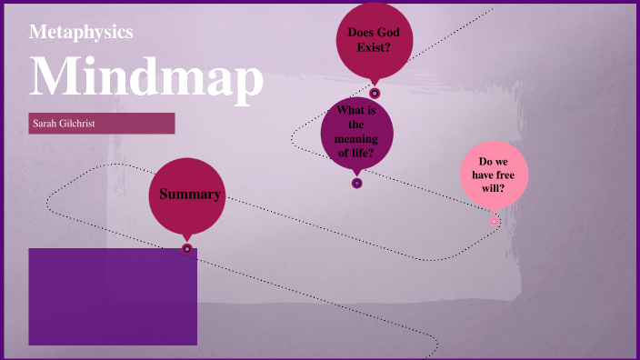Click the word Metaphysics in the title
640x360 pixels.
click(81, 32)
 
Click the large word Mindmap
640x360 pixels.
click(146, 76)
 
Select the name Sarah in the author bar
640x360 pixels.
click(45, 123)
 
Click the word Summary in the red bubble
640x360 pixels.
click(189, 195)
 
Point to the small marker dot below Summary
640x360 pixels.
click(187, 248)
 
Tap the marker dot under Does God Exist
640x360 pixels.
click(375, 93)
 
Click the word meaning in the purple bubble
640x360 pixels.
click(356, 138)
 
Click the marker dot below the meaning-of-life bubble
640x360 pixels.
click(357, 183)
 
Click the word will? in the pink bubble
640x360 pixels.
click(494, 189)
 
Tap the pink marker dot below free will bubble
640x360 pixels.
click(495, 221)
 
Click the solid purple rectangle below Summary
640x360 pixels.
click(113, 296)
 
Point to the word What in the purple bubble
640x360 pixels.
click(350, 111)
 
